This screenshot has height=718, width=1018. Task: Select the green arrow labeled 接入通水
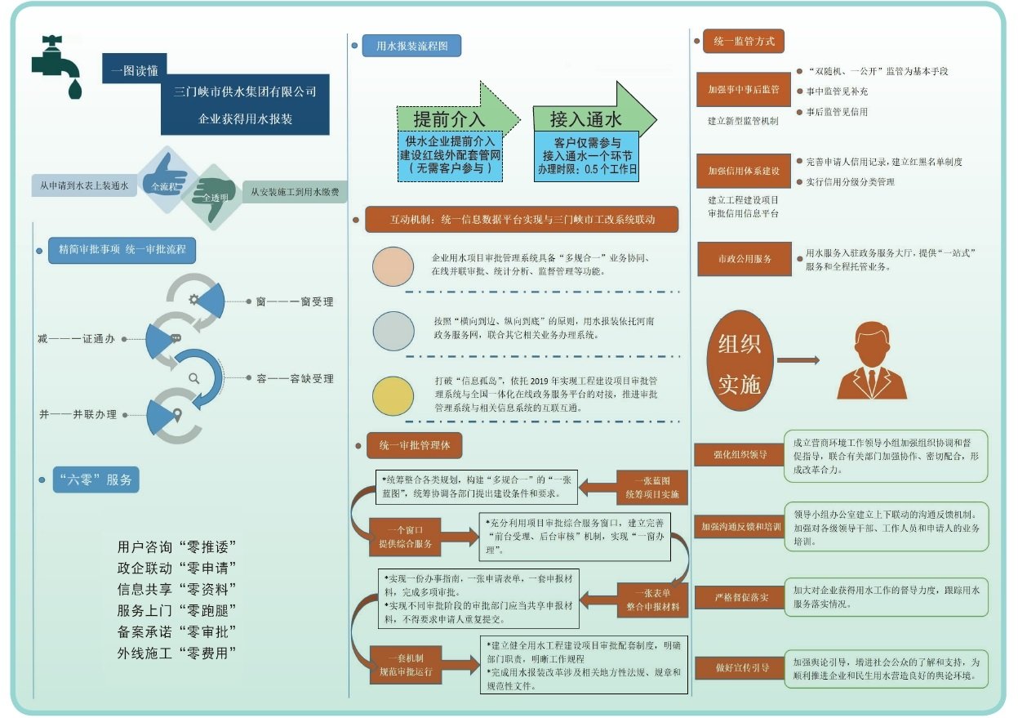click(592, 119)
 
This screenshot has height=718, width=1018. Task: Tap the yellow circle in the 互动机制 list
click(394, 395)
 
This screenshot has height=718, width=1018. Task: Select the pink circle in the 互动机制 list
click(394, 266)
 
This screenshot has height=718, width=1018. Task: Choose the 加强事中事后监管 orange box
click(744, 90)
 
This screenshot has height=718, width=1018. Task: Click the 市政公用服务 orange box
click(744, 259)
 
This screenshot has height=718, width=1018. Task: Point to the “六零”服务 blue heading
click(96, 479)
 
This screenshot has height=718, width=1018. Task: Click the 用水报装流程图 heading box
click(411, 46)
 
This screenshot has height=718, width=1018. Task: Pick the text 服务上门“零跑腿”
click(177, 610)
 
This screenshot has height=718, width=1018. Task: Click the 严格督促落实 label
click(740, 598)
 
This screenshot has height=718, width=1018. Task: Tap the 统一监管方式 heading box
click(743, 41)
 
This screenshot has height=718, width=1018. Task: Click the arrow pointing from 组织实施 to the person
click(798, 360)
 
